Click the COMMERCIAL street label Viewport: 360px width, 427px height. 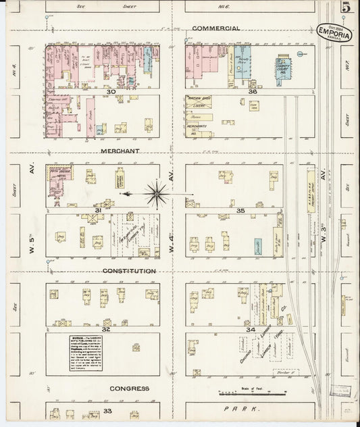tap(215, 28)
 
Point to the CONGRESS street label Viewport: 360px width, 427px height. tap(129, 388)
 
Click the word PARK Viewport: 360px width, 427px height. tap(249, 409)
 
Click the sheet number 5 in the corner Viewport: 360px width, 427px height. tap(345, 7)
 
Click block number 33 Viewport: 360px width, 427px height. tap(107, 410)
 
